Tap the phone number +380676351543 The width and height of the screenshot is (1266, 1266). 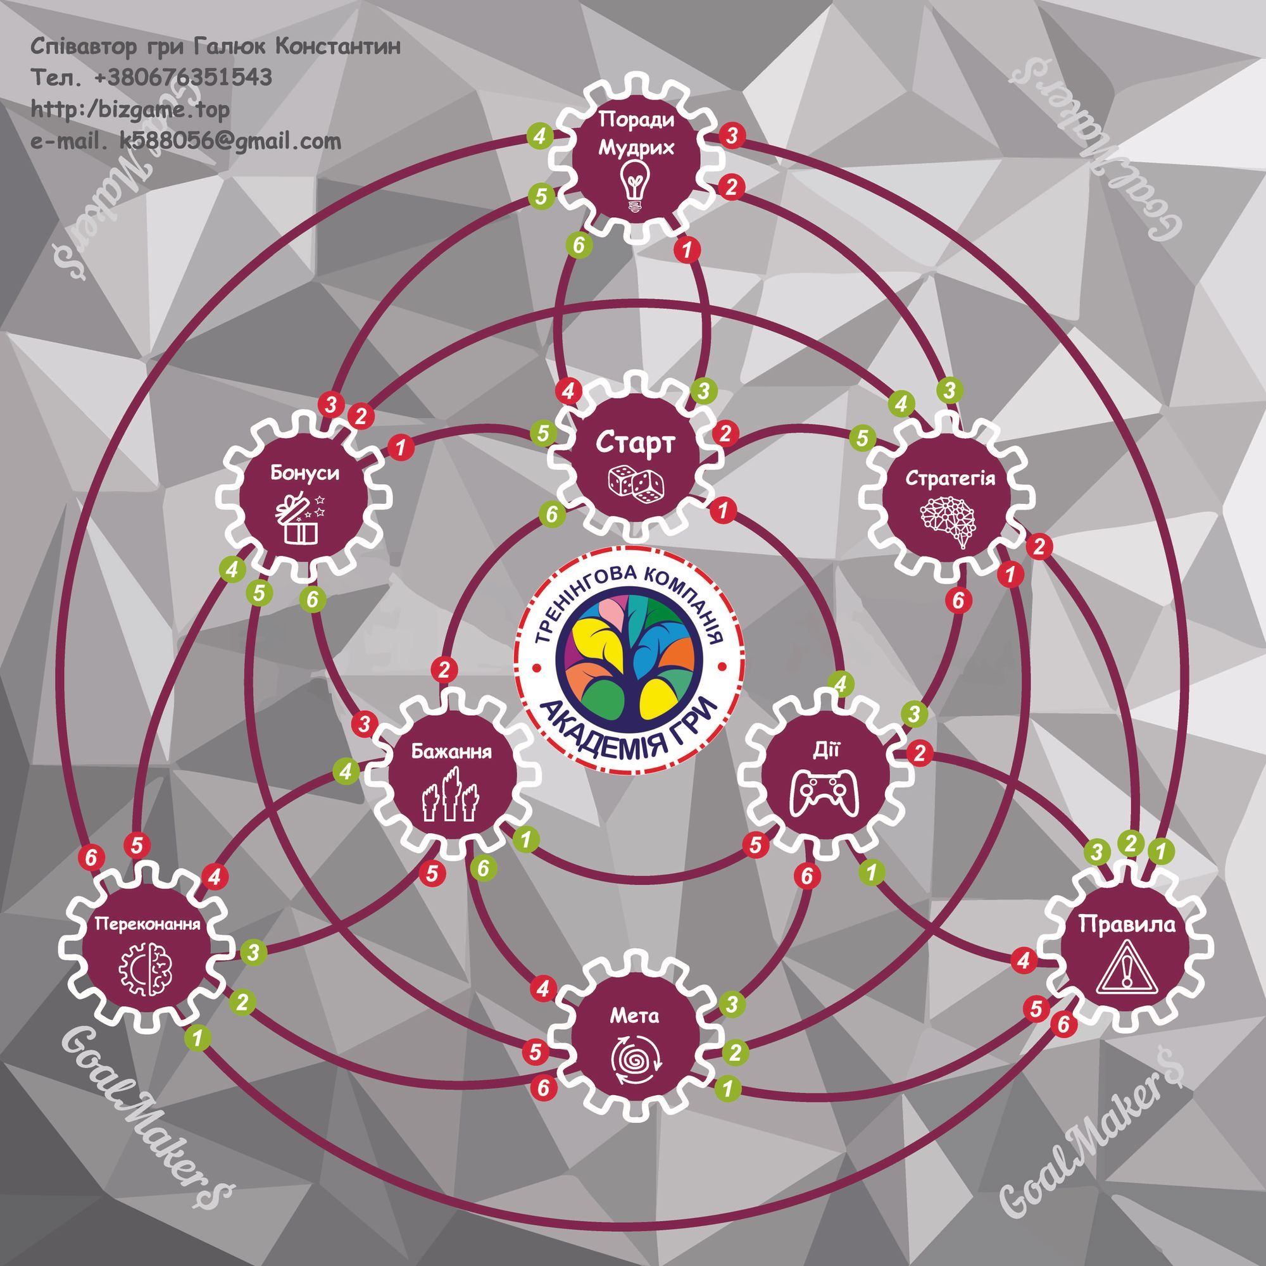click(184, 78)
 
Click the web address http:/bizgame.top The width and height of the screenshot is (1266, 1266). click(131, 110)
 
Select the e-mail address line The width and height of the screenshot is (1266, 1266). click(186, 141)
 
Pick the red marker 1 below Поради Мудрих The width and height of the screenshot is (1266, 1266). click(688, 249)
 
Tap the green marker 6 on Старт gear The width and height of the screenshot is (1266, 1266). click(552, 515)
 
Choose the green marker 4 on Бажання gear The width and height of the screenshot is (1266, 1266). click(346, 771)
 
